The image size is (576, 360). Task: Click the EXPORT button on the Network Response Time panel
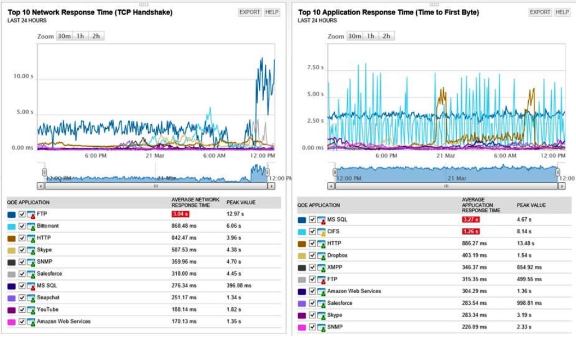click(x=249, y=12)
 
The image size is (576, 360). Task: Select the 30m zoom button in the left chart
click(x=64, y=36)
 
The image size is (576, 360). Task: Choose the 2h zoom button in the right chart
click(x=386, y=36)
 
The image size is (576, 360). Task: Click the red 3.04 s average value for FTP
click(x=180, y=214)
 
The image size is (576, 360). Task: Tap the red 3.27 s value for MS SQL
click(x=470, y=219)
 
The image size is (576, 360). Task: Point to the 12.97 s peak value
click(x=235, y=214)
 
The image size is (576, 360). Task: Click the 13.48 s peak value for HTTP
click(x=525, y=244)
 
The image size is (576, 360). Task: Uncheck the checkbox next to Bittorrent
click(x=22, y=226)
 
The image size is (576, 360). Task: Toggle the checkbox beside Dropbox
click(x=313, y=255)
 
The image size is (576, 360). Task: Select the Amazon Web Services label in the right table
click(x=354, y=291)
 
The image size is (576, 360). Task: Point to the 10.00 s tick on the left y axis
click(x=23, y=76)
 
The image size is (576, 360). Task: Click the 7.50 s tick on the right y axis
click(x=315, y=67)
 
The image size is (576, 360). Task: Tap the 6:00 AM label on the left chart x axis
click(x=213, y=155)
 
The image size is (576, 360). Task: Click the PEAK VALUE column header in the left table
click(x=241, y=202)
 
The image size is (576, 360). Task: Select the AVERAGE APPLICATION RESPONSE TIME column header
click(x=481, y=205)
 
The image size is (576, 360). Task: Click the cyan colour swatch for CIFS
click(x=302, y=232)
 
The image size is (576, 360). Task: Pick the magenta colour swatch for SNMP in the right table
click(x=302, y=327)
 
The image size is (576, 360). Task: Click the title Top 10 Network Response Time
click(x=90, y=12)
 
